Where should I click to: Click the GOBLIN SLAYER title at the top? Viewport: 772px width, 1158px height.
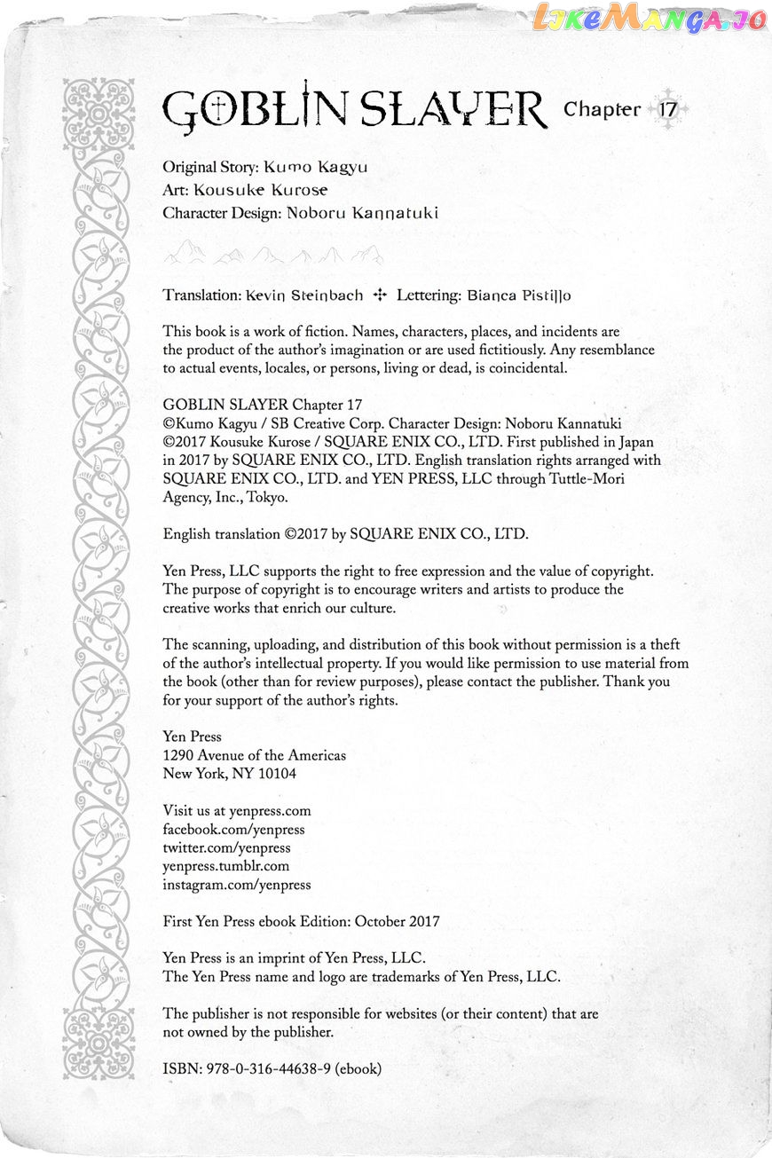coord(355,110)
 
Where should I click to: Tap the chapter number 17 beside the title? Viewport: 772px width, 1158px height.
coord(668,110)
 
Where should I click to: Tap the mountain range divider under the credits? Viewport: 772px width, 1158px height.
coord(273,256)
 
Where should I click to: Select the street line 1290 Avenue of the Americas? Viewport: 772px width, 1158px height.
coord(255,755)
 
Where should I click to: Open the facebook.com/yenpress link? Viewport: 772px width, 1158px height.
coord(233,830)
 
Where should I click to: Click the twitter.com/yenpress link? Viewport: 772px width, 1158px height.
coord(225,848)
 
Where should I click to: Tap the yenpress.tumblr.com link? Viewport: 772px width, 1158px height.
coord(226,867)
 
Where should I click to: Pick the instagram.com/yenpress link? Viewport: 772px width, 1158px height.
coord(237,886)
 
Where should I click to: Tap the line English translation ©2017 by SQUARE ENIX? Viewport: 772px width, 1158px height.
coord(345,534)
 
